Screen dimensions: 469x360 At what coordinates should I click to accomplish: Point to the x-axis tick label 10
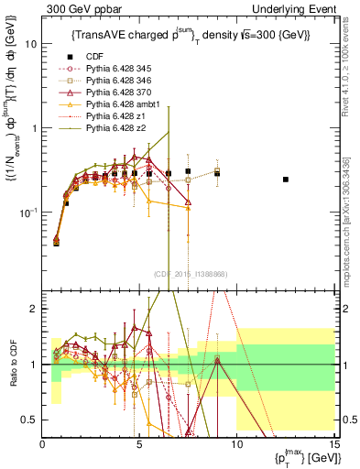point(236,446)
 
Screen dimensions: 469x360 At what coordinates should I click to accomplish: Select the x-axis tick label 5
point(139,446)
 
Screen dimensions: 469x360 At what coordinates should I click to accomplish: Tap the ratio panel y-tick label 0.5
point(29,420)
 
